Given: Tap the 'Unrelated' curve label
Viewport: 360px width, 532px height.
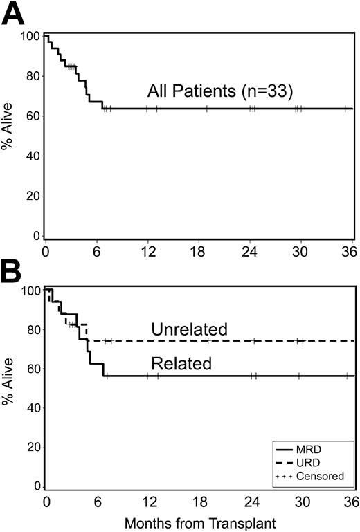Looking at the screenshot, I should click(189, 329).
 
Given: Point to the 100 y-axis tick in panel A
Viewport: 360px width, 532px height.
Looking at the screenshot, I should click(30, 35).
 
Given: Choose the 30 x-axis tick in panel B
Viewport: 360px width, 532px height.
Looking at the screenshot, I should click(300, 500).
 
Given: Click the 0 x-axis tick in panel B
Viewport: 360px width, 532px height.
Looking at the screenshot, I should click(46, 500).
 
